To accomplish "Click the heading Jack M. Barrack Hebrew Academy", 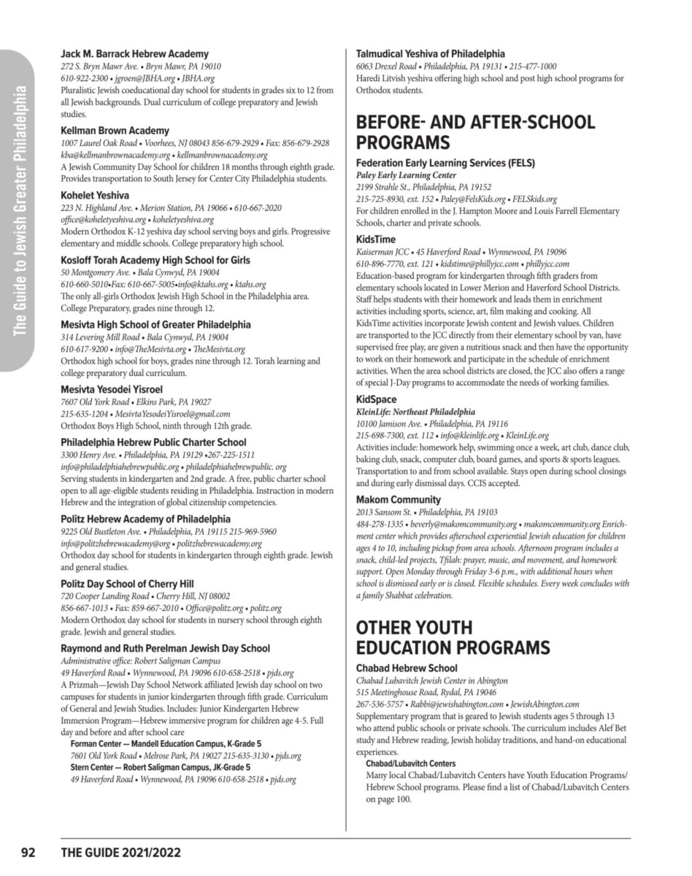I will pyautogui.click(x=134, y=54).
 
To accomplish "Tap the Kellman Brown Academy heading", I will pyautogui.click(x=115, y=131).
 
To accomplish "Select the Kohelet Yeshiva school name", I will pyautogui.click(x=95, y=196).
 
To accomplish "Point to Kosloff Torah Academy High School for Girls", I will pyautogui.click(x=155, y=260).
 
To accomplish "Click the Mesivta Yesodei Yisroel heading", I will pyautogui.click(x=111, y=389).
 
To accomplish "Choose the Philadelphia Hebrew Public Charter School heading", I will pyautogui.click(x=153, y=442).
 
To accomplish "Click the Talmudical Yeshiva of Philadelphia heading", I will pyautogui.click(x=430, y=54).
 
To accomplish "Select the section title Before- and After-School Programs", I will pyautogui.click(x=474, y=131).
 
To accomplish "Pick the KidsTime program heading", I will pyautogui.click(x=376, y=239).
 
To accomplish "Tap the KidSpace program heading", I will pyautogui.click(x=377, y=400).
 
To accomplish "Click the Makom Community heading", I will pyautogui.click(x=398, y=500).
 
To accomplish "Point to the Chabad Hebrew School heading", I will pyautogui.click(x=407, y=668).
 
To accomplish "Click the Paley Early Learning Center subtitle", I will pyautogui.click(x=406, y=176).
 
